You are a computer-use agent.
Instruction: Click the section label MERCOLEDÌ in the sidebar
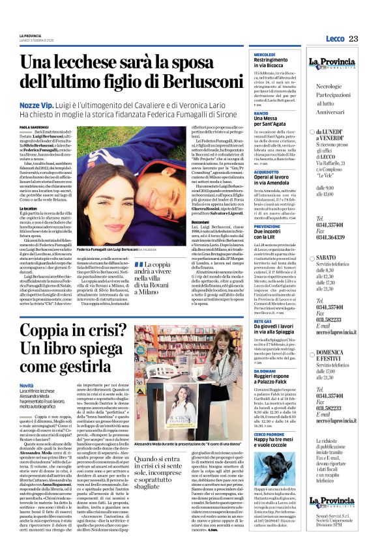pos(265,54)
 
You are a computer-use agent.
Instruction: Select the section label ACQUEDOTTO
pos(267,171)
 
